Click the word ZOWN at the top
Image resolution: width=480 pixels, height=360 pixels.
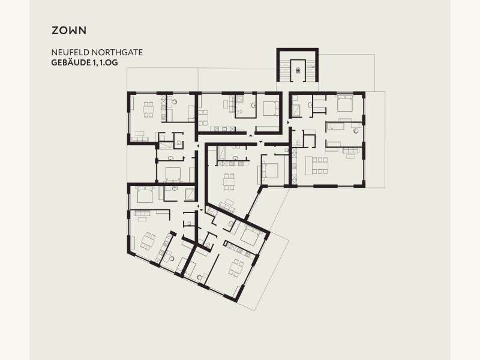(x=69, y=31)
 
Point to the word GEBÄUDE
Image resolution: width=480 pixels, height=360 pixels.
(x=70, y=62)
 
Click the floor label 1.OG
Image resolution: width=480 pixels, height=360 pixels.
(x=109, y=63)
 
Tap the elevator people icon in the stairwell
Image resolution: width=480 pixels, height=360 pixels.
(x=298, y=70)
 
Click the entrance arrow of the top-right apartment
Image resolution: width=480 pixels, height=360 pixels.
(x=288, y=122)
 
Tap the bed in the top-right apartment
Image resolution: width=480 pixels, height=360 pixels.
(x=346, y=103)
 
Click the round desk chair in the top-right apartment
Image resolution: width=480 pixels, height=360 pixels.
(x=356, y=131)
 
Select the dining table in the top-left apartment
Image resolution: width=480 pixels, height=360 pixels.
(x=148, y=109)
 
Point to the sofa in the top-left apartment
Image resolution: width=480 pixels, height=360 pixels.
(x=140, y=139)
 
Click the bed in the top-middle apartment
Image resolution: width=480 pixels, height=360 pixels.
(x=271, y=108)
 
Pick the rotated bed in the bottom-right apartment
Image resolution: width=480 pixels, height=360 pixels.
(x=251, y=236)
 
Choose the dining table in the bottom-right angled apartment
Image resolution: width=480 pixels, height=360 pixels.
(x=236, y=268)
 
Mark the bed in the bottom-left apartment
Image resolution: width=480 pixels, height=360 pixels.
(x=145, y=195)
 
